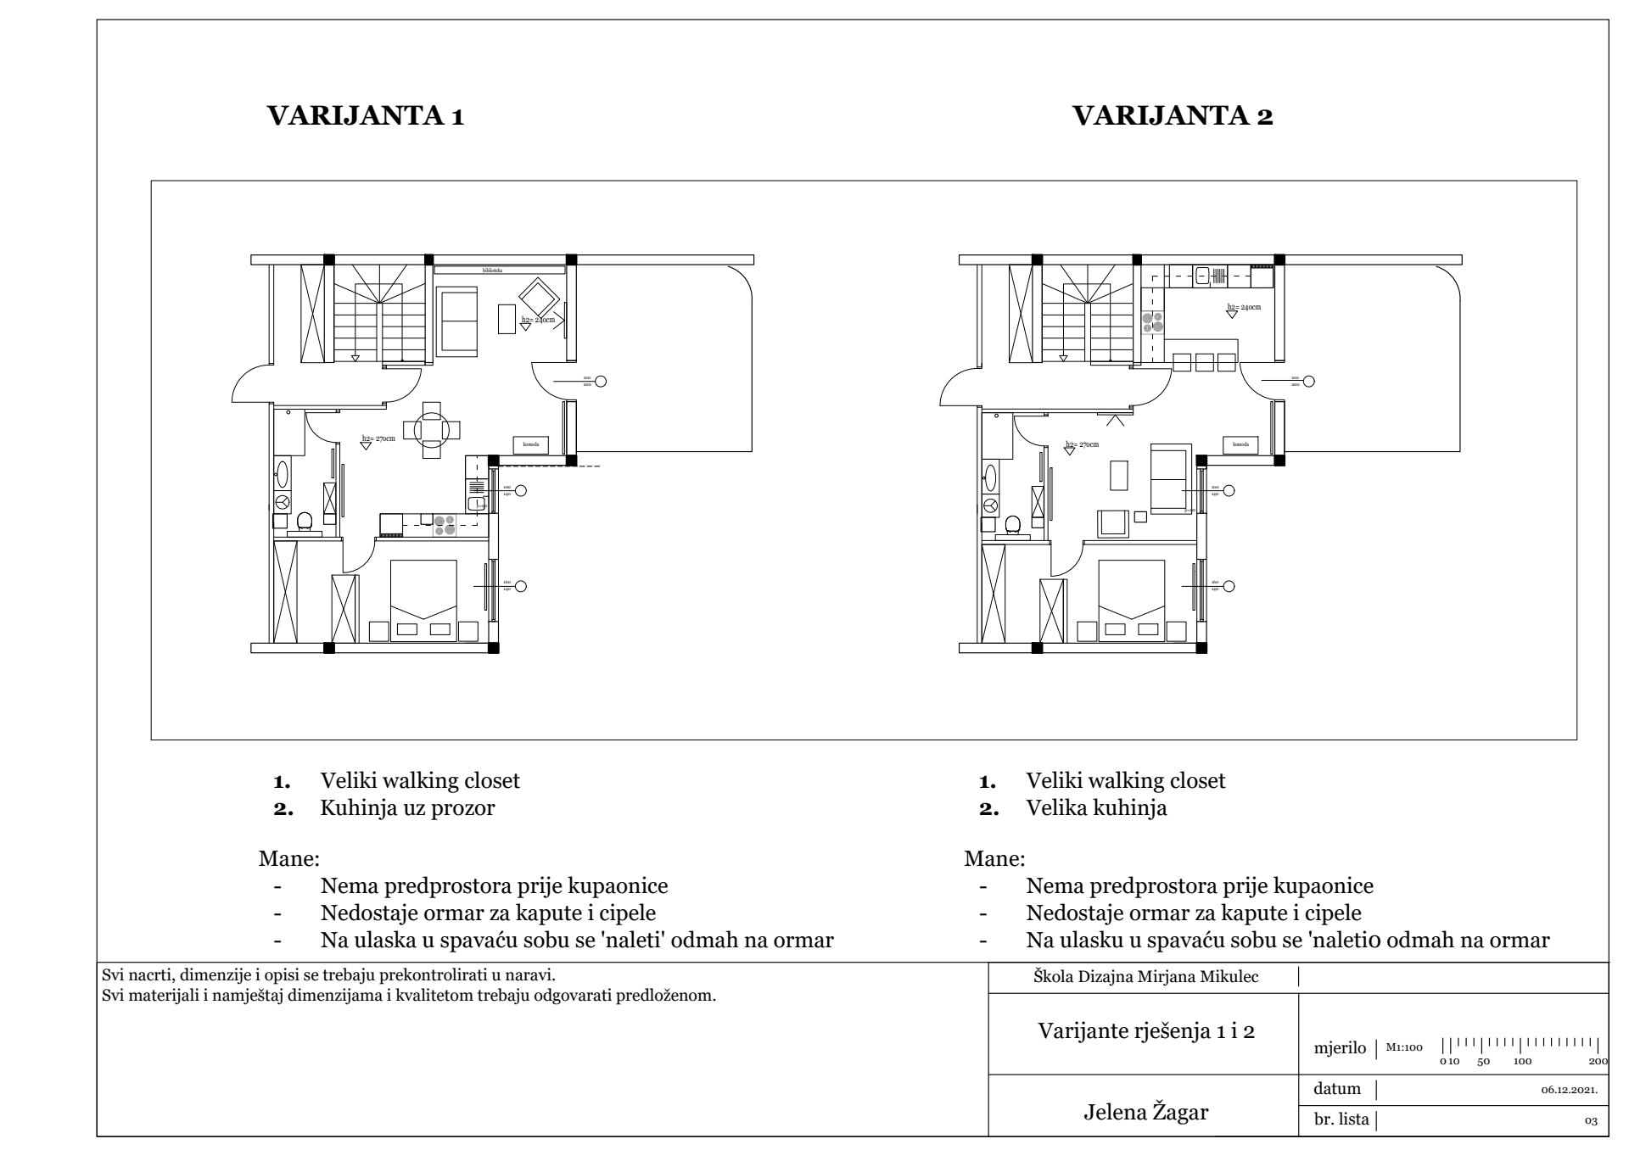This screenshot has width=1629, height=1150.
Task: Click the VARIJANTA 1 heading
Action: point(366,116)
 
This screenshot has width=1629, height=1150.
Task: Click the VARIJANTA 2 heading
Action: point(1173,116)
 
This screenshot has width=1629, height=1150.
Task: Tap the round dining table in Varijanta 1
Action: point(433,429)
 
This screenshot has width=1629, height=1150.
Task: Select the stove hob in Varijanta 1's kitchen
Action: point(444,526)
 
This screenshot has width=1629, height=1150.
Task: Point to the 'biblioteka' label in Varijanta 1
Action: point(492,271)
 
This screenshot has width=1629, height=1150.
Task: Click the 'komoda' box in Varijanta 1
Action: point(530,444)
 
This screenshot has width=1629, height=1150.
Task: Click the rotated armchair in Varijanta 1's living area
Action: point(538,298)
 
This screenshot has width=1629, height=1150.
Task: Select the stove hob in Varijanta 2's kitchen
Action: point(1152,322)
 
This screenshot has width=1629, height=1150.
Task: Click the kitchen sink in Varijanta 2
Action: point(1202,275)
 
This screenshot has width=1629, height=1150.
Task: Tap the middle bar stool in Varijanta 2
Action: point(1204,363)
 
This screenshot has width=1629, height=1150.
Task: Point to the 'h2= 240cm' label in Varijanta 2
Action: point(1244,307)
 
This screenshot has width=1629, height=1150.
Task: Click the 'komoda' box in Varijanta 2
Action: point(1240,444)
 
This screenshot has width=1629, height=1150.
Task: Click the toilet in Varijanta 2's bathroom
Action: point(1012,526)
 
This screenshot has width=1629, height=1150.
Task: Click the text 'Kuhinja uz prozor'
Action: point(407,807)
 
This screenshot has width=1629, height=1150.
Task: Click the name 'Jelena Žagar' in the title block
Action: point(1145,1112)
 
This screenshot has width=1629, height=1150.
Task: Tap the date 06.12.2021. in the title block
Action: point(1569,1090)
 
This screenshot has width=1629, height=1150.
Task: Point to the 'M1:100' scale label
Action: point(1404,1047)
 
